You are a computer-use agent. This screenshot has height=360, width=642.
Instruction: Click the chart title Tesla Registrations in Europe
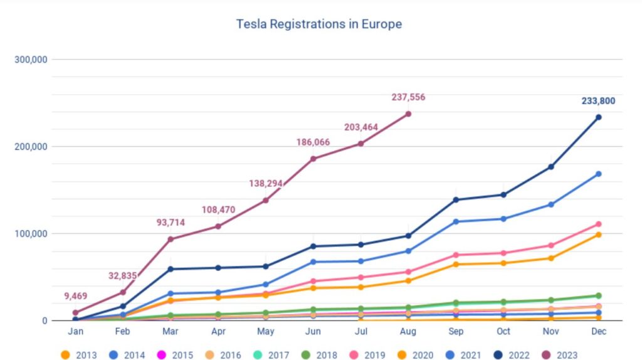tap(318, 24)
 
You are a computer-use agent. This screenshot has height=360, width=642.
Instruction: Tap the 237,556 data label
tap(408, 97)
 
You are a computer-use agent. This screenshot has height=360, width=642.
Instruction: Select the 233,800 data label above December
tap(598, 101)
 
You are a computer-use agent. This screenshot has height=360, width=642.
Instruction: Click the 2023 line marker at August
tap(408, 114)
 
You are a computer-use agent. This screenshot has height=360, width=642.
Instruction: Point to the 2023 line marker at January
tap(75, 312)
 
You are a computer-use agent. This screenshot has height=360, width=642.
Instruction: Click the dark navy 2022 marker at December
tap(598, 117)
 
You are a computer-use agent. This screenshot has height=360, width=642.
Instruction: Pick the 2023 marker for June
tap(313, 159)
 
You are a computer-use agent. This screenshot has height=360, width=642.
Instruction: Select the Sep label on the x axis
tap(456, 332)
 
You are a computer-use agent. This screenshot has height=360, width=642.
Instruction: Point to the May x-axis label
tap(266, 332)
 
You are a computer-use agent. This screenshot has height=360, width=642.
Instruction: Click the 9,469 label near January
tap(75, 296)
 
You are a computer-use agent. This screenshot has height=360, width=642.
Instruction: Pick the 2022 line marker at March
tap(171, 269)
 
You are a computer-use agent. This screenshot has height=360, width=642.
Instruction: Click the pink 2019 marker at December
tap(598, 224)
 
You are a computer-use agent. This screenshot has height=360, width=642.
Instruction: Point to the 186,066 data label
tap(313, 142)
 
